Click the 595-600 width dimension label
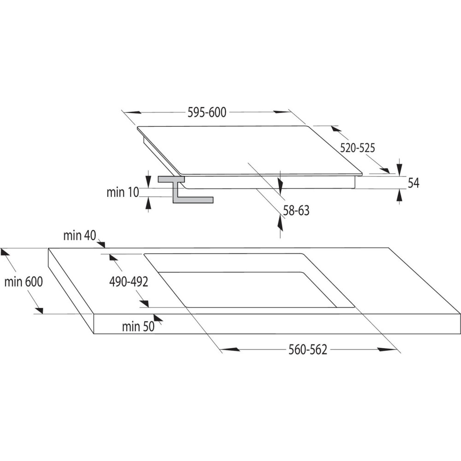207,112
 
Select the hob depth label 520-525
358,148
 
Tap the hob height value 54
414,183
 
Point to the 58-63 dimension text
296,211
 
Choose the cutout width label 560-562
307,350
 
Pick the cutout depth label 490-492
129,282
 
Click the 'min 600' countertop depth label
24,282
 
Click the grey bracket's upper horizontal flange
171,179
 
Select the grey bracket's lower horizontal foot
193,200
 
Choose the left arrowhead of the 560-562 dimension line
229,349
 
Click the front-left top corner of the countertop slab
94,313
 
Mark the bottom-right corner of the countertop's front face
460,334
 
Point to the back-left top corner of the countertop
48,248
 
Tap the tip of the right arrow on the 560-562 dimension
397,349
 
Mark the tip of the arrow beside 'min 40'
105,247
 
